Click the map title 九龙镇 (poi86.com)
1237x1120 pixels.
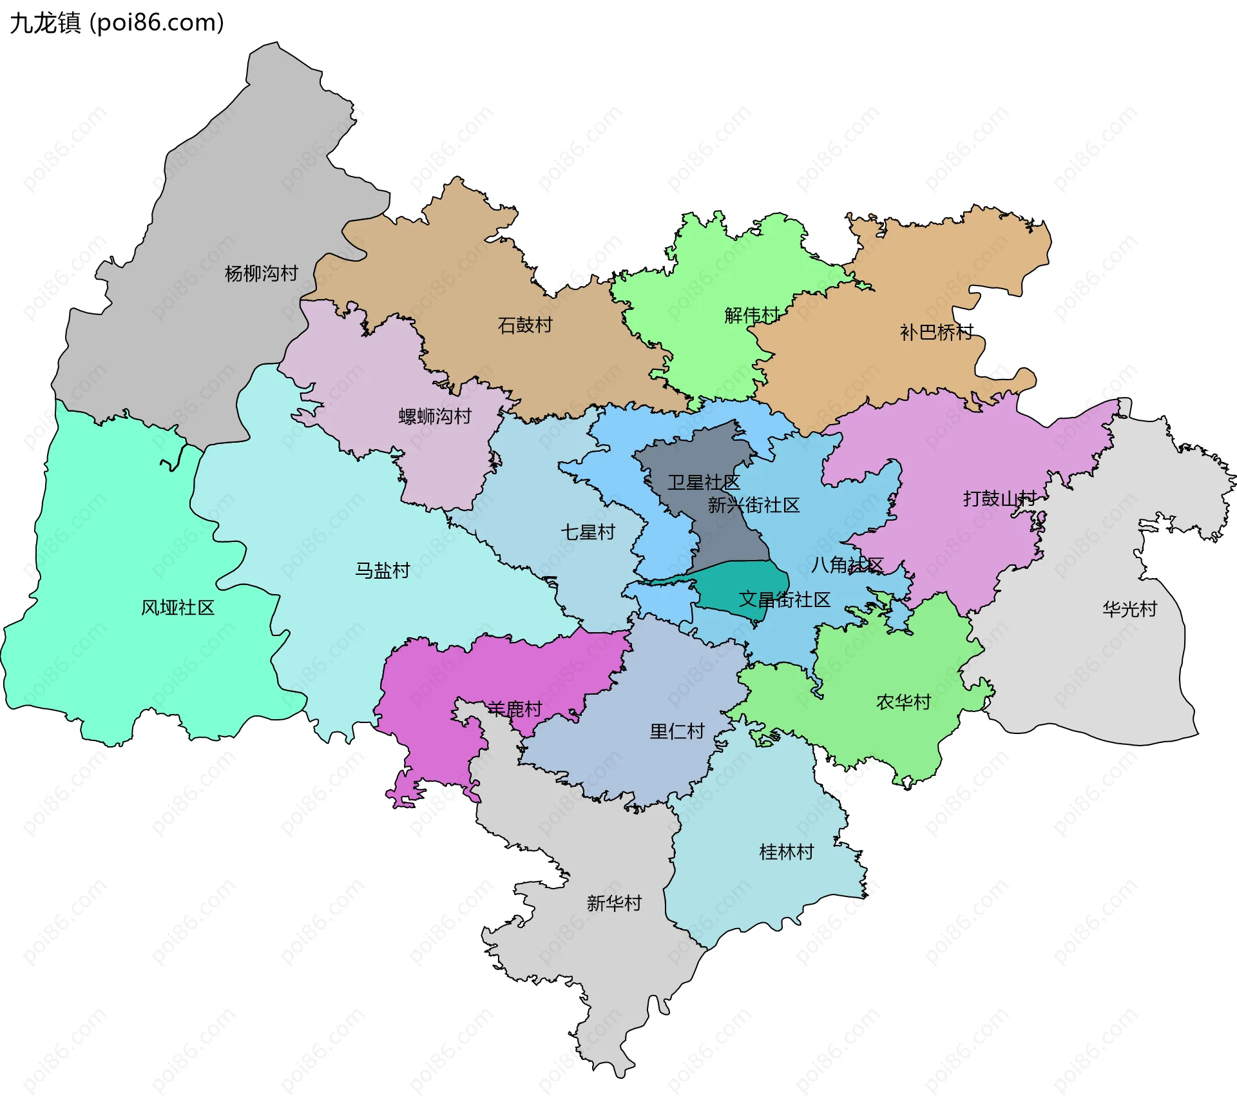(x=117, y=23)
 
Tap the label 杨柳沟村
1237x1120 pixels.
(x=261, y=274)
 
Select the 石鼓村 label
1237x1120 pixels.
(x=525, y=325)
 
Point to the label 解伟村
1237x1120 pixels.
(x=751, y=316)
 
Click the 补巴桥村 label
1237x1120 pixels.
(x=936, y=333)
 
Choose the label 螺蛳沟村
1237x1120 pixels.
(x=435, y=416)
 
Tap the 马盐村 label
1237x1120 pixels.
(x=382, y=570)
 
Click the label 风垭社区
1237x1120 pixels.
(x=178, y=608)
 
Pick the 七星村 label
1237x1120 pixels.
(x=588, y=532)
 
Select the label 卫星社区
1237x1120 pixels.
(x=704, y=483)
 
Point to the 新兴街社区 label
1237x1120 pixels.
(x=753, y=505)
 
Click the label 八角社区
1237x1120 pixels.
(x=847, y=565)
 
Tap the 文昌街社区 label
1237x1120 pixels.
(x=784, y=600)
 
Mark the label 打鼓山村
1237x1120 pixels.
(x=999, y=499)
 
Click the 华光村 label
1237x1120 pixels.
(x=1129, y=609)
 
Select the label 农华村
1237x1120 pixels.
(x=903, y=702)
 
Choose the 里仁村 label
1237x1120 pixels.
(x=676, y=731)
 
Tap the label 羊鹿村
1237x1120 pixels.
(x=514, y=710)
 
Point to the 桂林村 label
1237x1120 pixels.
(x=786, y=852)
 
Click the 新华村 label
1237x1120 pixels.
(x=614, y=903)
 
